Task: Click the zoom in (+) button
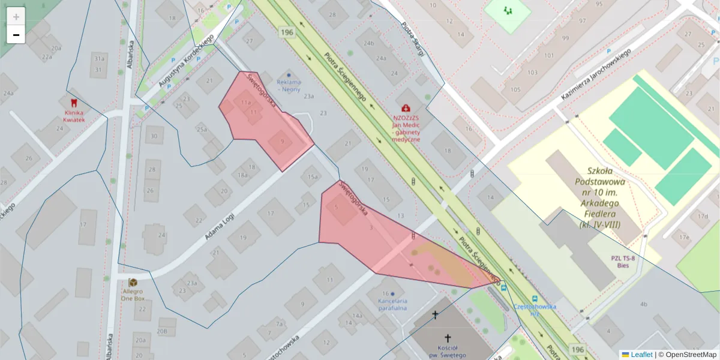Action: (16, 17)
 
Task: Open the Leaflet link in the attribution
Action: (641, 355)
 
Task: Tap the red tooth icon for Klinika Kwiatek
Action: (74, 103)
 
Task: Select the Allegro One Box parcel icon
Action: (133, 282)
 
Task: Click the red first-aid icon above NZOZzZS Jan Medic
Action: (406, 108)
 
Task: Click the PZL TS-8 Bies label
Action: (623, 262)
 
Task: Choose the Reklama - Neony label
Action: (289, 86)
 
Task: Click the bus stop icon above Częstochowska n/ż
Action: (534, 298)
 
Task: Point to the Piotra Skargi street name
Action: (413, 41)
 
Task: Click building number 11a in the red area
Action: (245, 103)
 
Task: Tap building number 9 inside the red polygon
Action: (282, 142)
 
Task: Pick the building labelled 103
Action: (532, 73)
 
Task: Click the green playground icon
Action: (508, 10)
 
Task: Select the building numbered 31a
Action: (99, 59)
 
